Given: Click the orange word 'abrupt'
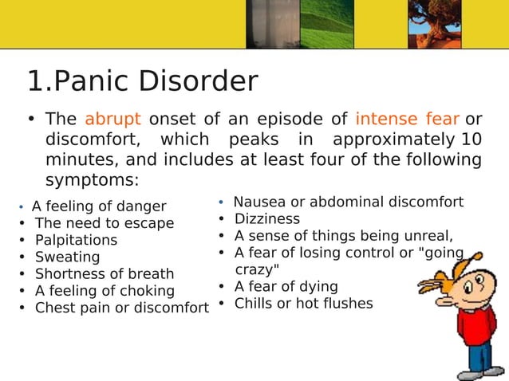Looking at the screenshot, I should (x=112, y=120).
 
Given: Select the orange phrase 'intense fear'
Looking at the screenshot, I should (x=407, y=120).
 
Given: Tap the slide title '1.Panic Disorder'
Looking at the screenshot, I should (x=143, y=81).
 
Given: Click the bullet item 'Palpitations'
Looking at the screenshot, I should (x=76, y=240).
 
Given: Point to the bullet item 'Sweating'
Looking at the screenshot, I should (x=67, y=257).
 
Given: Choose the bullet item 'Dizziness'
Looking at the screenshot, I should (x=266, y=218).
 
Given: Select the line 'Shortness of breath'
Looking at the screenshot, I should (x=93, y=274).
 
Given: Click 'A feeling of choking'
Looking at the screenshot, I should (x=104, y=291).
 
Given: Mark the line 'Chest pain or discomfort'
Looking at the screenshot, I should (x=121, y=308).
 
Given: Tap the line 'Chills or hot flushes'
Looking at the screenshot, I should (x=303, y=304).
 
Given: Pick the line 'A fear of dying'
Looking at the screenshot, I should (x=286, y=286).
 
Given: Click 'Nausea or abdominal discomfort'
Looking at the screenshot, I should (x=348, y=202).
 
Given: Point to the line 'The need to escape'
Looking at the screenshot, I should (x=104, y=223).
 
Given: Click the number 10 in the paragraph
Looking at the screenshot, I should (x=472, y=139).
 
